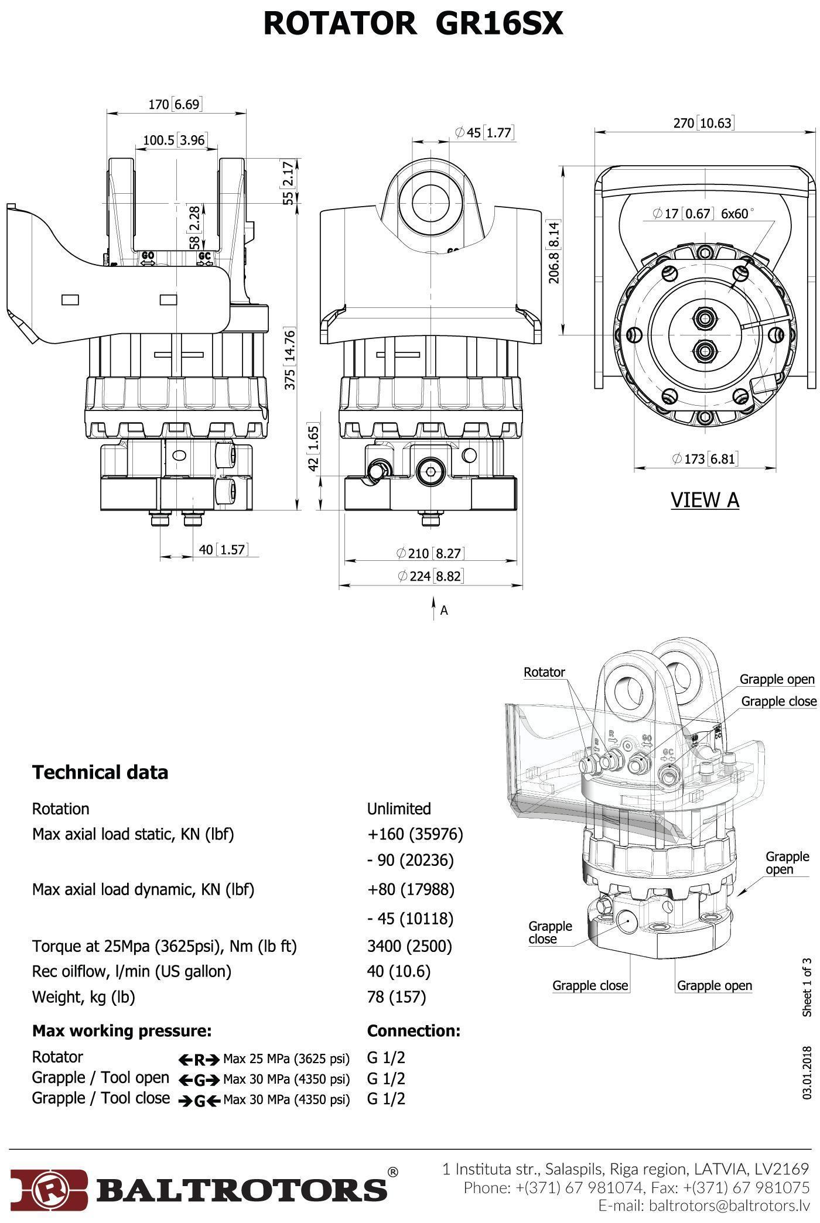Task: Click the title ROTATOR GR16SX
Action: click(413, 24)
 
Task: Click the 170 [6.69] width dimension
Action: click(174, 105)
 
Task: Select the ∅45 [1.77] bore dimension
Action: click(484, 133)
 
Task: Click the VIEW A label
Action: click(705, 499)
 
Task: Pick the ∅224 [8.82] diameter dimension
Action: click(430, 576)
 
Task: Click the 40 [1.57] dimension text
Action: click(223, 549)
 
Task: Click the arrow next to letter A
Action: click(433, 608)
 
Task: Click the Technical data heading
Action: click(100, 772)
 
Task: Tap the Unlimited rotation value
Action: click(399, 809)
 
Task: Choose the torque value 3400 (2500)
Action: click(409, 945)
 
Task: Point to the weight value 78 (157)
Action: click(397, 996)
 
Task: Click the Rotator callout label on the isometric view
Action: click(544, 672)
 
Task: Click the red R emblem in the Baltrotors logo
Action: click(49, 1188)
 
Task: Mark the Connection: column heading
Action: click(414, 1030)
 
